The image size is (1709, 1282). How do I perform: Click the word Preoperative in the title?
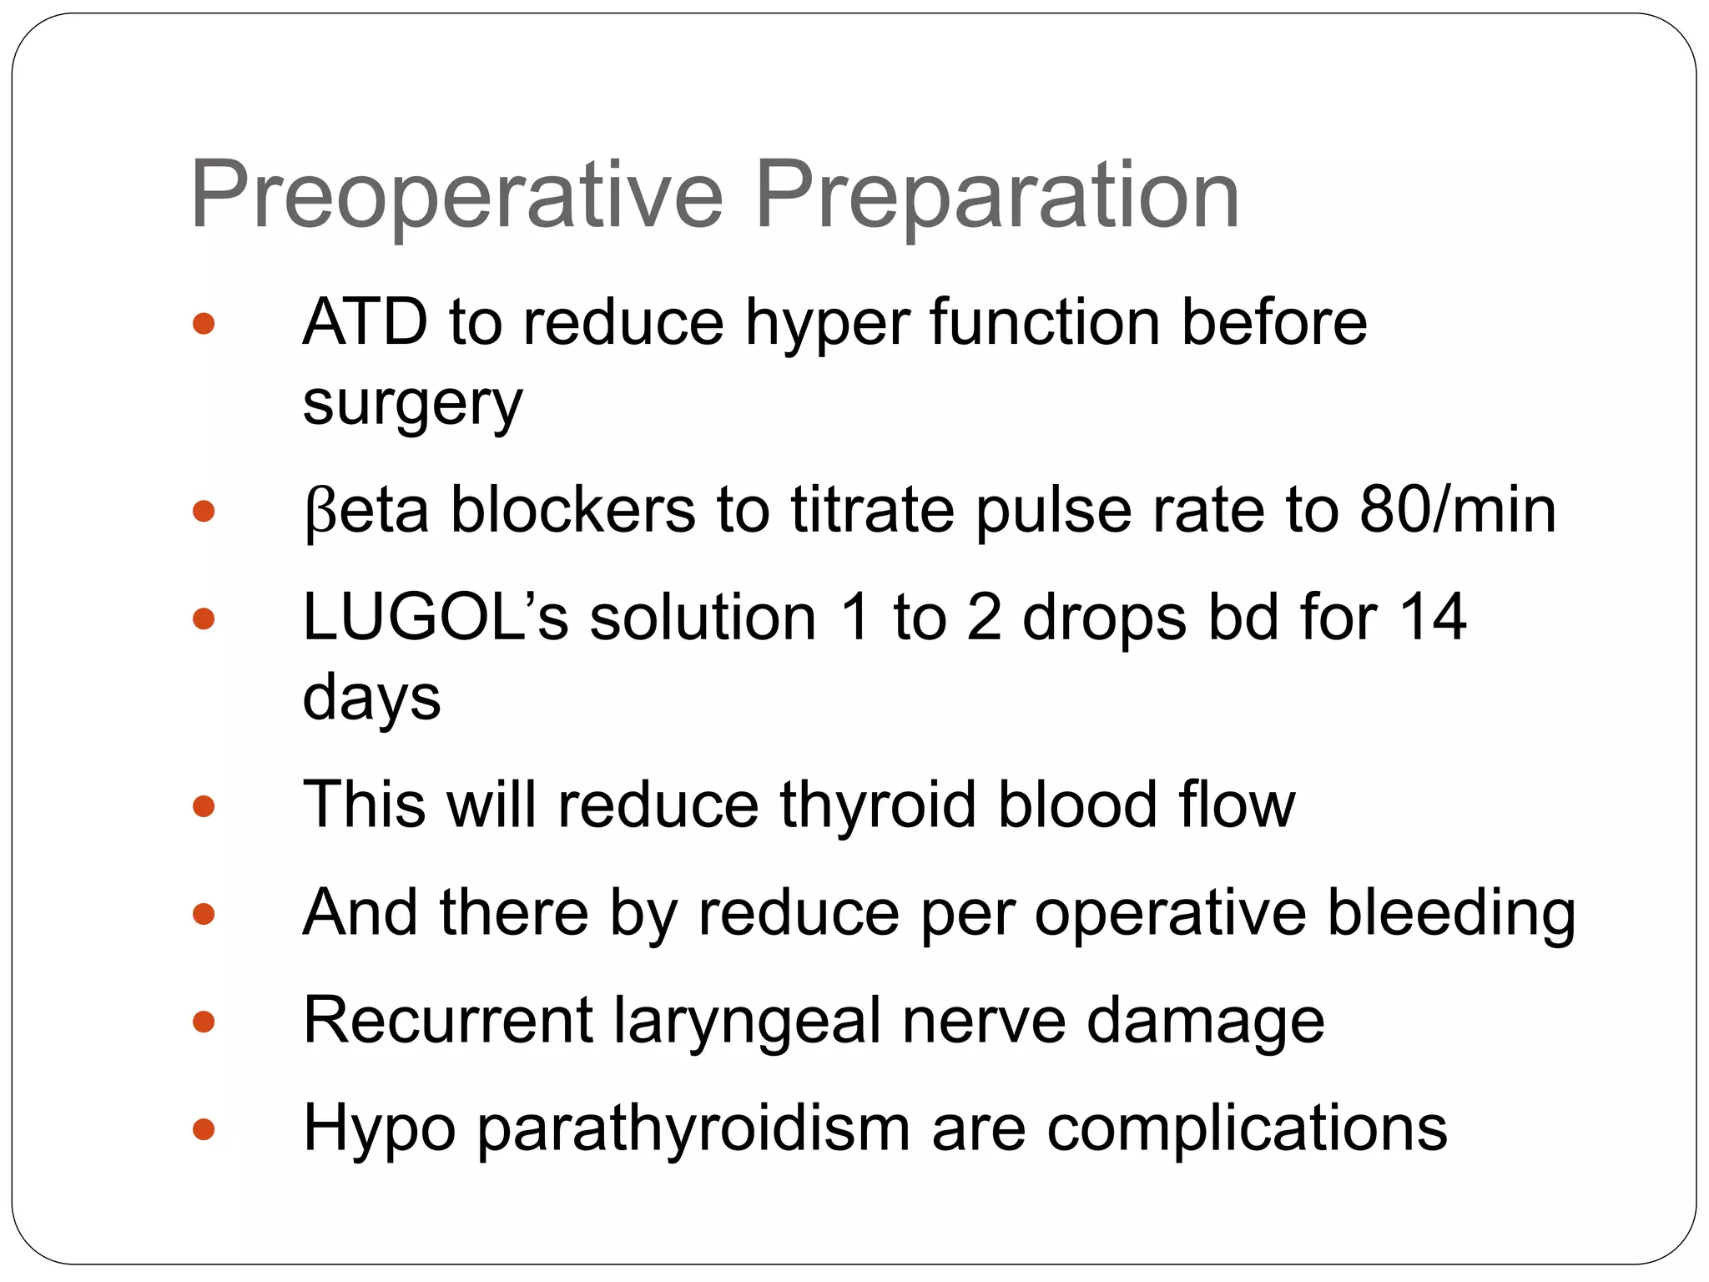pyautogui.click(x=456, y=197)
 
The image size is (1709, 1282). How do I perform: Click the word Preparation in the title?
pyautogui.click(x=997, y=197)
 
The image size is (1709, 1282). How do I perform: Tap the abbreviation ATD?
pyautogui.click(x=365, y=322)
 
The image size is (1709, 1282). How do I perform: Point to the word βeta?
pyautogui.click(x=366, y=510)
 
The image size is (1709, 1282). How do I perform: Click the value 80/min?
pyautogui.click(x=1458, y=510)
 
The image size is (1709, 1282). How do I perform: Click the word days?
pyautogui.click(x=371, y=698)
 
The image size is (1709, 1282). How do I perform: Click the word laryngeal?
pyautogui.click(x=748, y=1022)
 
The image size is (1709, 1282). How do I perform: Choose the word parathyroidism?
pyautogui.click(x=693, y=1129)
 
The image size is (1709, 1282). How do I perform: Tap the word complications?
pyautogui.click(x=1247, y=1129)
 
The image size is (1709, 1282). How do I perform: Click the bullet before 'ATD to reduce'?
pyautogui.click(x=204, y=324)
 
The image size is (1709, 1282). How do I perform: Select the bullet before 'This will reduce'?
pyautogui.click(x=204, y=806)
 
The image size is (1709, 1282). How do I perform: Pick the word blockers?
pyautogui.click(x=573, y=510)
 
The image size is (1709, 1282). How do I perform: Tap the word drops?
pyautogui.click(x=1104, y=618)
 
